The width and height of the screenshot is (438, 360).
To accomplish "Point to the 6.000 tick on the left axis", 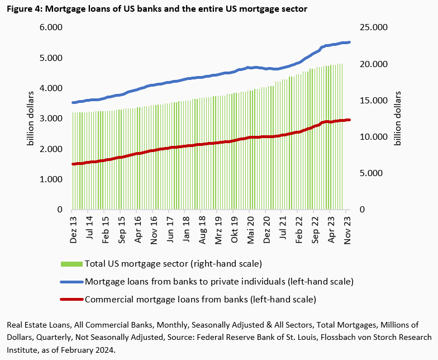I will tap(50, 27).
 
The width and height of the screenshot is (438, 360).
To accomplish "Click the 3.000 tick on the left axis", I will tap(50, 119).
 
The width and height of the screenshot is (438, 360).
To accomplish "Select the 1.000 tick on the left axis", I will tap(50, 179).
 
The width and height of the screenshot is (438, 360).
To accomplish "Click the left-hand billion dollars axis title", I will tap(30, 119).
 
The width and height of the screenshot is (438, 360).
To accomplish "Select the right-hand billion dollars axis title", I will tap(398, 119).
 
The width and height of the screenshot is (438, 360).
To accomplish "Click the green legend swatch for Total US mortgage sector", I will tap(70, 263).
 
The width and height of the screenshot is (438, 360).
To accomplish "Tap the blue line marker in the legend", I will tap(70, 281).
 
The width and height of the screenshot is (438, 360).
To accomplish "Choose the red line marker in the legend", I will tap(70, 299).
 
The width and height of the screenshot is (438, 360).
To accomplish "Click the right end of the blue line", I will tap(350, 42).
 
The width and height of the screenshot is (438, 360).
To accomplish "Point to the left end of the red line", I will tap(73, 164).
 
